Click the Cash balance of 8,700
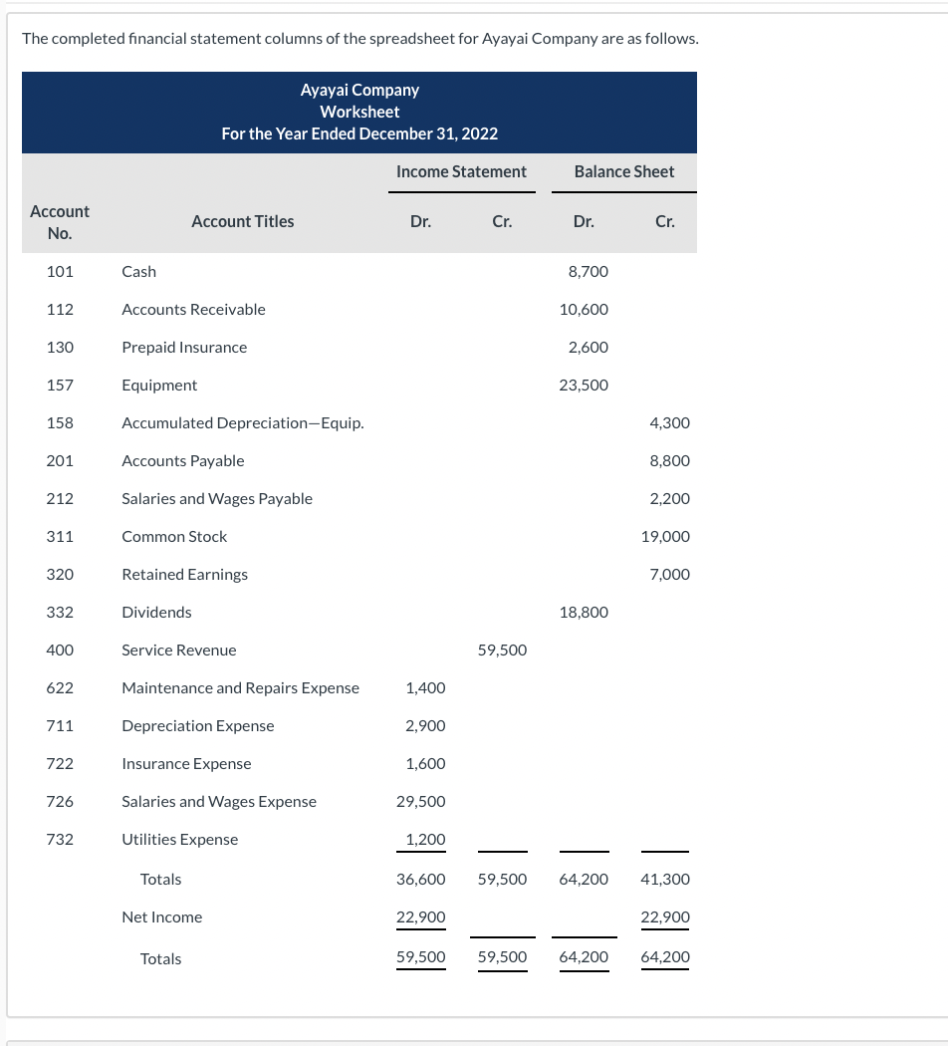pyautogui.click(x=588, y=271)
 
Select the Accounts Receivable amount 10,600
pyautogui.click(x=584, y=309)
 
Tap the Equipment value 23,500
pyautogui.click(x=584, y=385)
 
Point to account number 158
pyautogui.click(x=60, y=422)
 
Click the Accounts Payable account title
pyautogui.click(x=182, y=460)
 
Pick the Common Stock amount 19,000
pyautogui.click(x=665, y=536)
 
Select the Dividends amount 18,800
pyautogui.click(x=584, y=612)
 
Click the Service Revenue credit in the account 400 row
pyautogui.click(x=502, y=650)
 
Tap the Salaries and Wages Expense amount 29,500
pyautogui.click(x=421, y=801)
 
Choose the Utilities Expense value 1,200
pyautogui.click(x=425, y=839)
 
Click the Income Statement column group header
pyautogui.click(x=461, y=171)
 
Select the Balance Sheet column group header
pyautogui.click(x=624, y=171)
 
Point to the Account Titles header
pyautogui.click(x=242, y=221)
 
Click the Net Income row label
pyautogui.click(x=161, y=916)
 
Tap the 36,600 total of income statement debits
pyautogui.click(x=421, y=879)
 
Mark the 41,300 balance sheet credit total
pyautogui.click(x=665, y=879)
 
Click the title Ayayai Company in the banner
pyautogui.click(x=359, y=90)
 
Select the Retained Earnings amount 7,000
pyautogui.click(x=669, y=574)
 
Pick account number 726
pyautogui.click(x=60, y=801)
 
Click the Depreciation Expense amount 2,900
pyautogui.click(x=425, y=725)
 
